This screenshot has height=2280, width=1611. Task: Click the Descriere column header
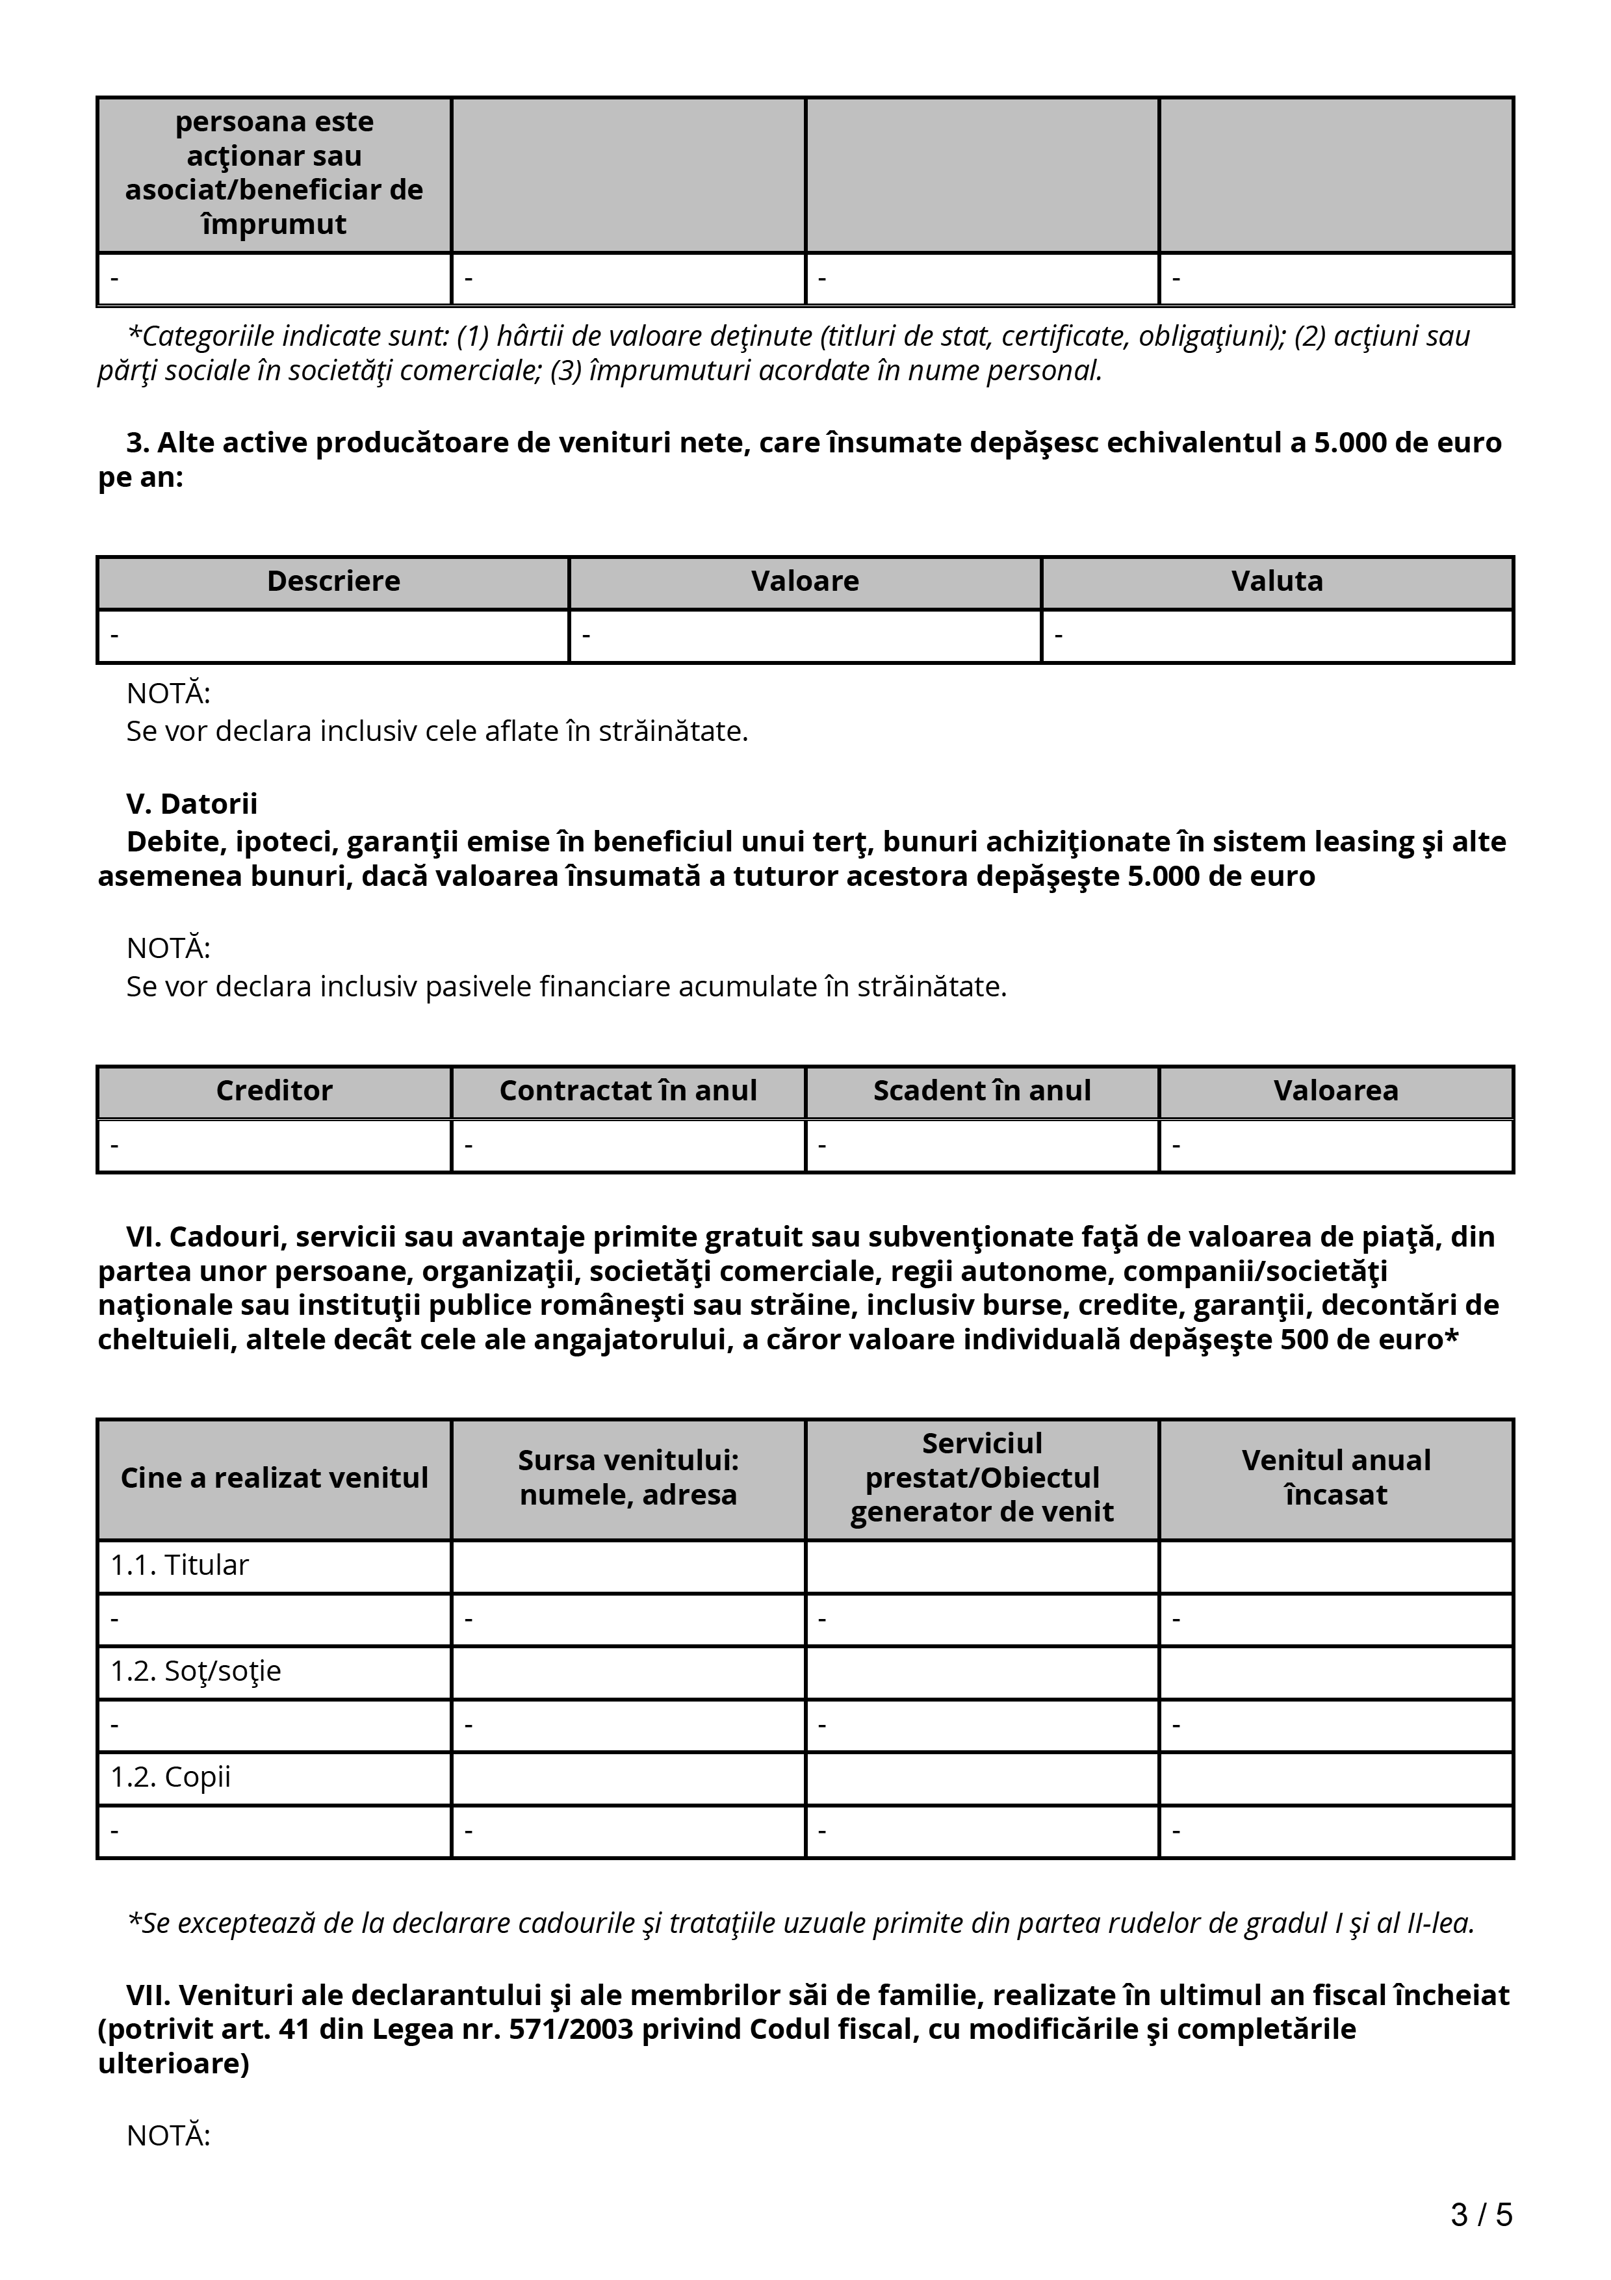(333, 581)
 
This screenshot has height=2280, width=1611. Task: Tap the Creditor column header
(274, 1091)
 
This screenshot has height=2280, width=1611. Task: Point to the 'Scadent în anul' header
(982, 1091)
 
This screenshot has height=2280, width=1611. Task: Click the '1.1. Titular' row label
(179, 1565)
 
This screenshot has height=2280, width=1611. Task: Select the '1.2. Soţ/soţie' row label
(196, 1671)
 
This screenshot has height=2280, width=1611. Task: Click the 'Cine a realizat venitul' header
(274, 1477)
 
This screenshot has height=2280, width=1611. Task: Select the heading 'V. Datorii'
(192, 803)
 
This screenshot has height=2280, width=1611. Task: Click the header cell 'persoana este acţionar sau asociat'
(274, 173)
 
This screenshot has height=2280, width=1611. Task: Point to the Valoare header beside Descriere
(805, 581)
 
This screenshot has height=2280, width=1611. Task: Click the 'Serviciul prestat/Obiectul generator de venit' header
(982, 1477)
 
